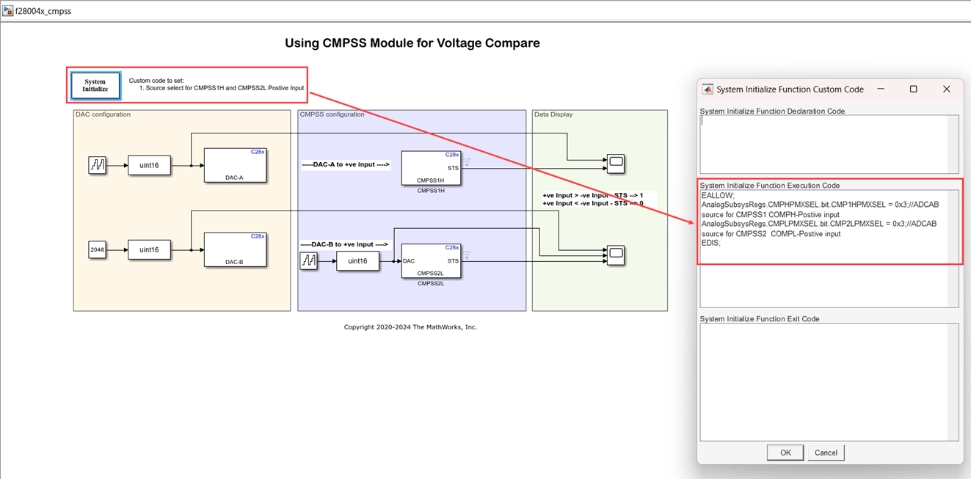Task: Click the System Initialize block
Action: click(95, 85)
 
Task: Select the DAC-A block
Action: click(235, 166)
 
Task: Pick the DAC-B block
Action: click(235, 250)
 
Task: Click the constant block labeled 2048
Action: click(98, 250)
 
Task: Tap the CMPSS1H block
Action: click(431, 168)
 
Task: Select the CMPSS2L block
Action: click(431, 261)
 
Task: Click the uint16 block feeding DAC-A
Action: click(149, 166)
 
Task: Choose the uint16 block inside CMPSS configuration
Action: click(357, 261)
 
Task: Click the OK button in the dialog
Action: click(785, 453)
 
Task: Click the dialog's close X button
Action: click(947, 89)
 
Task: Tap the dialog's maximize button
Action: click(914, 89)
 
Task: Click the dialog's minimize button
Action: click(881, 89)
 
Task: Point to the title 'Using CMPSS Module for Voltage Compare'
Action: click(412, 43)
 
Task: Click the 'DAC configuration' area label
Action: click(103, 114)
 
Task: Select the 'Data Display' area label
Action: click(553, 114)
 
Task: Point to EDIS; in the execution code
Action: click(711, 243)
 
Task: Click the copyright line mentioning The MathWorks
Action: click(410, 327)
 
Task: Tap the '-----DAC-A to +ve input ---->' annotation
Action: click(346, 165)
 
